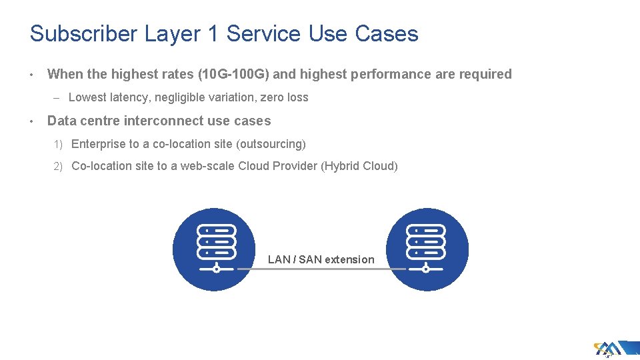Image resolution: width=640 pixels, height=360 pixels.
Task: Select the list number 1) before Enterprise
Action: click(58, 144)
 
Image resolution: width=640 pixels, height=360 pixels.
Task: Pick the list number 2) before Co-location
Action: click(58, 166)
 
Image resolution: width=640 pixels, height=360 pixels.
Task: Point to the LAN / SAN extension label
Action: click(321, 259)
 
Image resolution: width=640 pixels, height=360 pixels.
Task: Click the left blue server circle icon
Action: click(214, 249)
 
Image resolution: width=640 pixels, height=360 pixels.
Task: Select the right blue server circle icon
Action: click(427, 249)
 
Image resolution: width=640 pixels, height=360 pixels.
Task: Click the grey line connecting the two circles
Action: click(321, 269)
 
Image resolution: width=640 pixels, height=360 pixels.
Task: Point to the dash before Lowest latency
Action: click(58, 98)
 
